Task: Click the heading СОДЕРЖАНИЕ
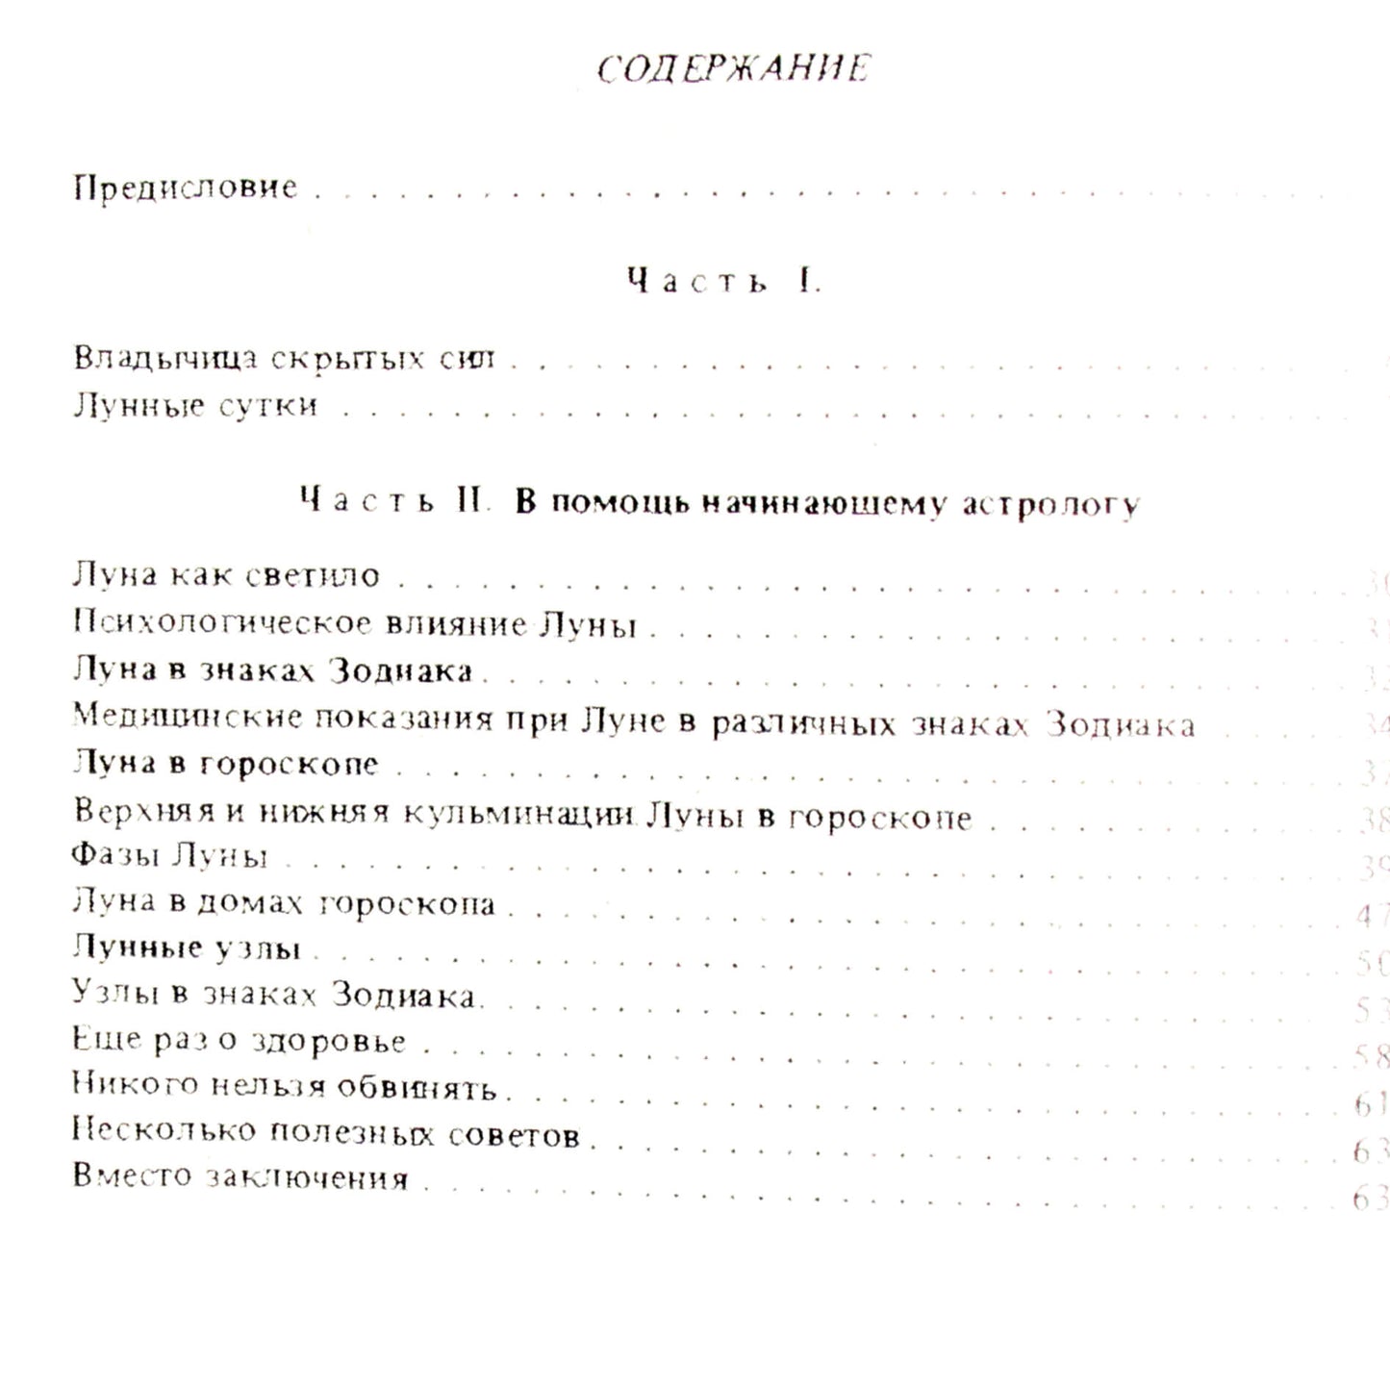[x=733, y=69]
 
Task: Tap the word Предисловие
[x=186, y=187]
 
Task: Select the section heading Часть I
[x=722, y=281]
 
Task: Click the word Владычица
[x=166, y=359]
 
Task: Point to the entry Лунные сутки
[x=195, y=406]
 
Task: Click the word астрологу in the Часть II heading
[x=1050, y=504]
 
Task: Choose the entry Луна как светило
[x=226, y=575]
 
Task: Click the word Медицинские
[x=188, y=717]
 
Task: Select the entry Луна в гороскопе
[x=226, y=764]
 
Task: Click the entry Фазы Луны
[x=169, y=855]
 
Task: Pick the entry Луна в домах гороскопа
[x=284, y=903]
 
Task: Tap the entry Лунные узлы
[x=187, y=948]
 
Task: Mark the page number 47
[x=1371, y=915]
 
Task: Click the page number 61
[x=1370, y=1103]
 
